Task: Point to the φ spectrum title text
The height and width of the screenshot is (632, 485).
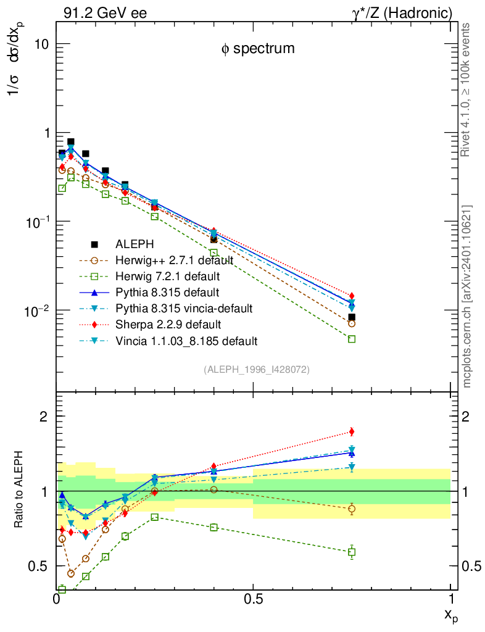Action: tap(258, 49)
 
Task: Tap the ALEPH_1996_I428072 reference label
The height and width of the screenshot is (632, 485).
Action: tap(256, 369)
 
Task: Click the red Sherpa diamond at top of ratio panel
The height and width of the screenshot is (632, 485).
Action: tap(352, 431)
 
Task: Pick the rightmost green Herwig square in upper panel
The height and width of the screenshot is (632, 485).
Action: tap(352, 339)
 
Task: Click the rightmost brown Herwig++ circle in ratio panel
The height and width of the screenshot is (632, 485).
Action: tap(352, 509)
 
